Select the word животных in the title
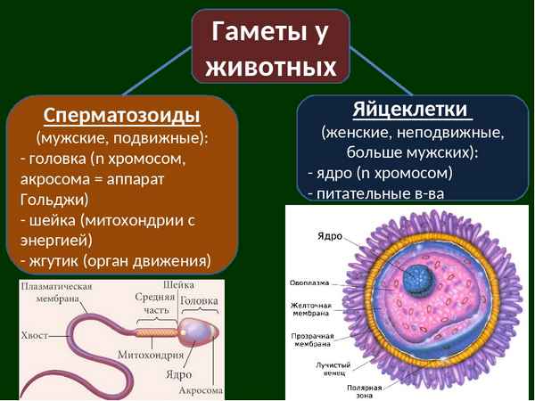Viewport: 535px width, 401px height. click(271, 67)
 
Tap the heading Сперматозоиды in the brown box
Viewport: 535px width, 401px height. click(122, 117)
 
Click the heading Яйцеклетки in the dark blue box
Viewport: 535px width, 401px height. click(410, 110)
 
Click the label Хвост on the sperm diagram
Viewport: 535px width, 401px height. click(35, 336)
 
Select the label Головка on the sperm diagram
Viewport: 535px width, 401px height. click(199, 301)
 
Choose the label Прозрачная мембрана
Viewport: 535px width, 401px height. click(311, 340)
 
